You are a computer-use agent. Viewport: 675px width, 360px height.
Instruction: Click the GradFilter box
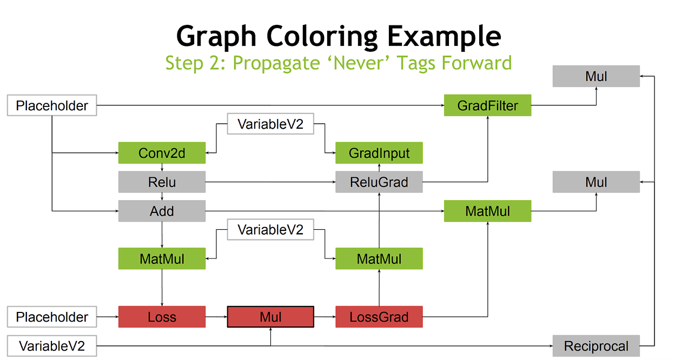(487, 105)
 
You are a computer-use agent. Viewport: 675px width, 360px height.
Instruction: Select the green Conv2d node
(162, 153)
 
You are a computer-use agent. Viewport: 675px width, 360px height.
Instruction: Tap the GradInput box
(379, 153)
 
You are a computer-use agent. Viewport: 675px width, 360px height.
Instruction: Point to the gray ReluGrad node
(379, 182)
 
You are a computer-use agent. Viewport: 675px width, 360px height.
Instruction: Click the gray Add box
(162, 211)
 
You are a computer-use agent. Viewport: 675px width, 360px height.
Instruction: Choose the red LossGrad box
(379, 317)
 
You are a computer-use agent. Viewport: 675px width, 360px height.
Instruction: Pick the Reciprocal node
(596, 346)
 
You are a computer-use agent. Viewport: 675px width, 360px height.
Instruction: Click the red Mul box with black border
(270, 317)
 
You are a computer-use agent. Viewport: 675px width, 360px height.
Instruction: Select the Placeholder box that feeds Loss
(52, 317)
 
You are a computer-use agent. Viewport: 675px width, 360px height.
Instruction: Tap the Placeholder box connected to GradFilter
(52, 105)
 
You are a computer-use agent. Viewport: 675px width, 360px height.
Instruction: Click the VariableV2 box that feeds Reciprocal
(52, 346)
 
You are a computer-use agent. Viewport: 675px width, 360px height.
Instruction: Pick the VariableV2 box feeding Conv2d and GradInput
(270, 124)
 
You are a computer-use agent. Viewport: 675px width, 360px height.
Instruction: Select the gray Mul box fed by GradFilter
(596, 76)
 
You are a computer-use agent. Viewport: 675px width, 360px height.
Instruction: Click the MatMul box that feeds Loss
(162, 258)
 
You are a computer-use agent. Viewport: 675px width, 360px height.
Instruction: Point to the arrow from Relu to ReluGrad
(270, 182)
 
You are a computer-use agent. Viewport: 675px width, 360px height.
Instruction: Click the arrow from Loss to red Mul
(216, 317)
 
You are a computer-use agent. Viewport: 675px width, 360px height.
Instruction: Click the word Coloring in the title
(322, 37)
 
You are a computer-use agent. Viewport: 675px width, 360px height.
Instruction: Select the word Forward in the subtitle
(477, 63)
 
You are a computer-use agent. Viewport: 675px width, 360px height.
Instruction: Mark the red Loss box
(162, 317)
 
